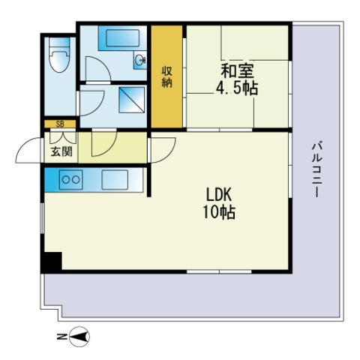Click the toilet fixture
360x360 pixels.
click(x=59, y=55)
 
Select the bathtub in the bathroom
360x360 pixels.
click(x=122, y=38)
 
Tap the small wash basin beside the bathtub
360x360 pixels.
click(x=140, y=60)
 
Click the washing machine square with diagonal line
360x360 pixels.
click(x=132, y=100)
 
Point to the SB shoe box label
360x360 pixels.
click(x=60, y=124)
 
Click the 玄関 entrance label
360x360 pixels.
click(x=61, y=151)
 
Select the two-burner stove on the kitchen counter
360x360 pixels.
click(x=71, y=180)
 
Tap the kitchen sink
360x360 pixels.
click(x=115, y=180)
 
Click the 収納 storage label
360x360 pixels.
click(x=166, y=77)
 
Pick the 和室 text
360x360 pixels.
click(x=238, y=70)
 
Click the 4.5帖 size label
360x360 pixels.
click(x=237, y=88)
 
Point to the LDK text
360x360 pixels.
click(x=219, y=195)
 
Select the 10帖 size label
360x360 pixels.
click(x=219, y=212)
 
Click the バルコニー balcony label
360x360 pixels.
click(x=316, y=170)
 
